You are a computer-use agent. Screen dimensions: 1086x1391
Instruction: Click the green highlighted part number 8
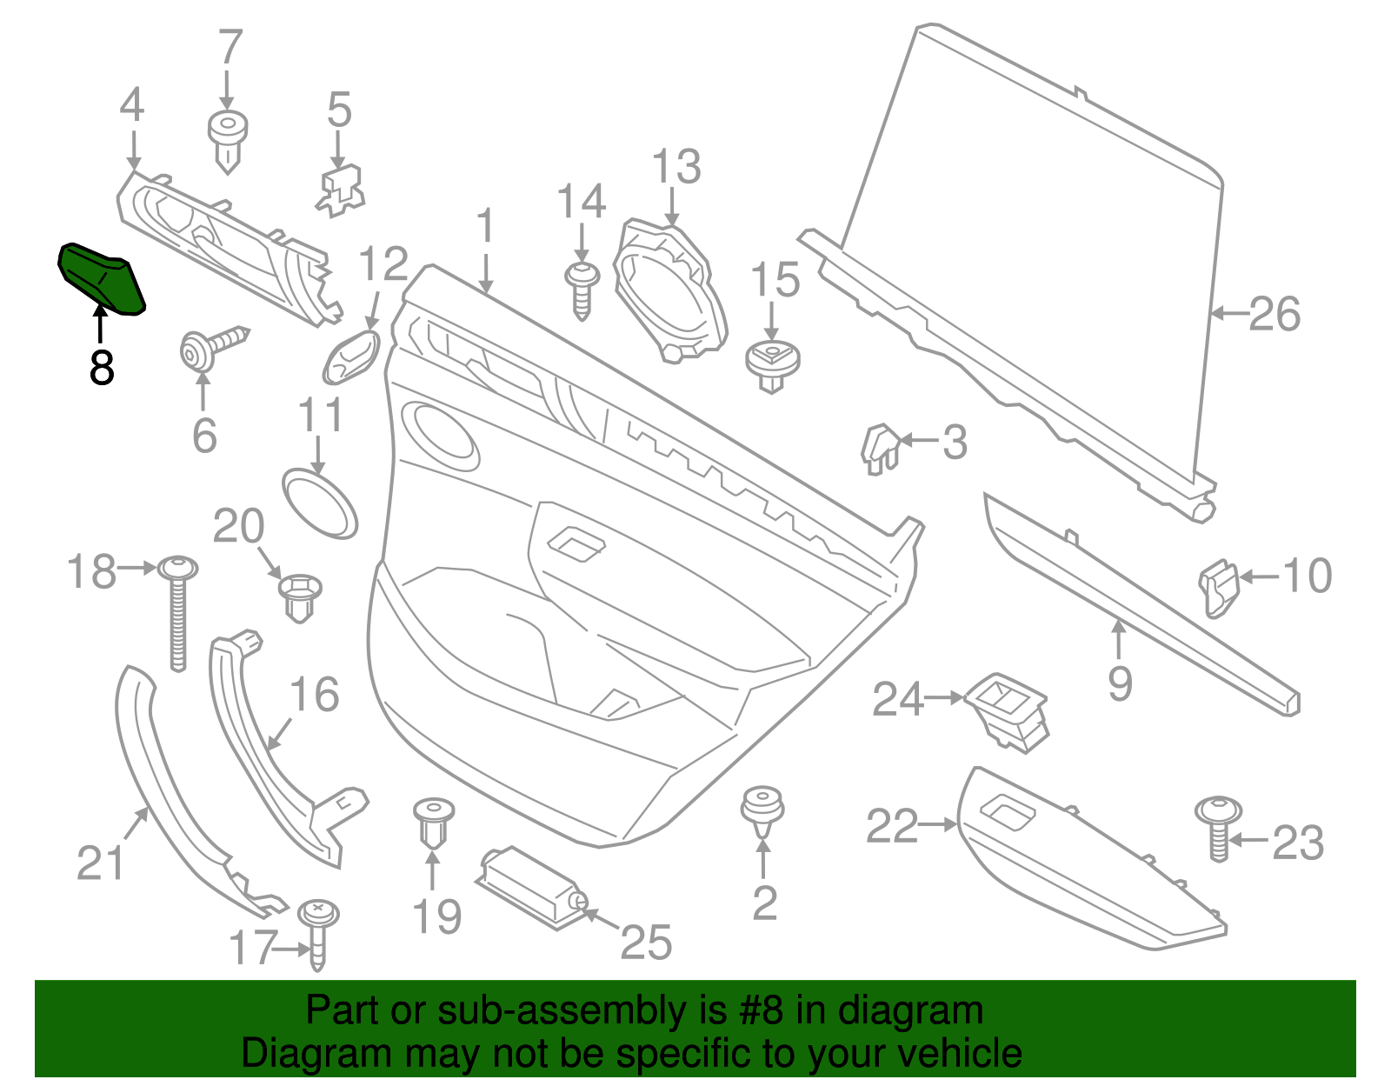point(101,277)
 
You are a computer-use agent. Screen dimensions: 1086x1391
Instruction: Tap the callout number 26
point(1275,314)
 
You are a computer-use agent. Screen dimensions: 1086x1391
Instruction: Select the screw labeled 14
point(582,290)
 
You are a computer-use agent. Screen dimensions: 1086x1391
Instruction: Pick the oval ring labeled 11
point(319,503)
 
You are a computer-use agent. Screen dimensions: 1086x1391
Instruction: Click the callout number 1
point(485,227)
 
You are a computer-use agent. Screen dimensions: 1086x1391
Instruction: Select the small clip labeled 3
point(880,447)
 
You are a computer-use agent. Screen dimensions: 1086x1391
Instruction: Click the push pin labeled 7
point(228,139)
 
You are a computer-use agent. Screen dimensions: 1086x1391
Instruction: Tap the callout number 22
point(892,826)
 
